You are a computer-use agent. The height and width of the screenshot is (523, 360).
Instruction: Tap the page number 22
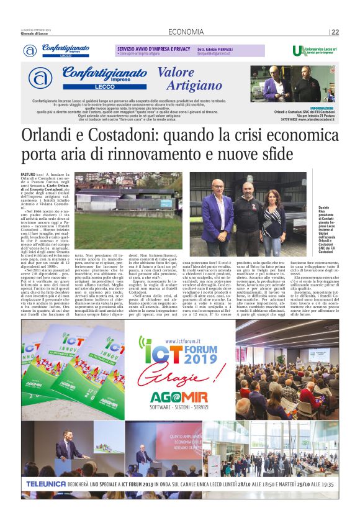[335, 32]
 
